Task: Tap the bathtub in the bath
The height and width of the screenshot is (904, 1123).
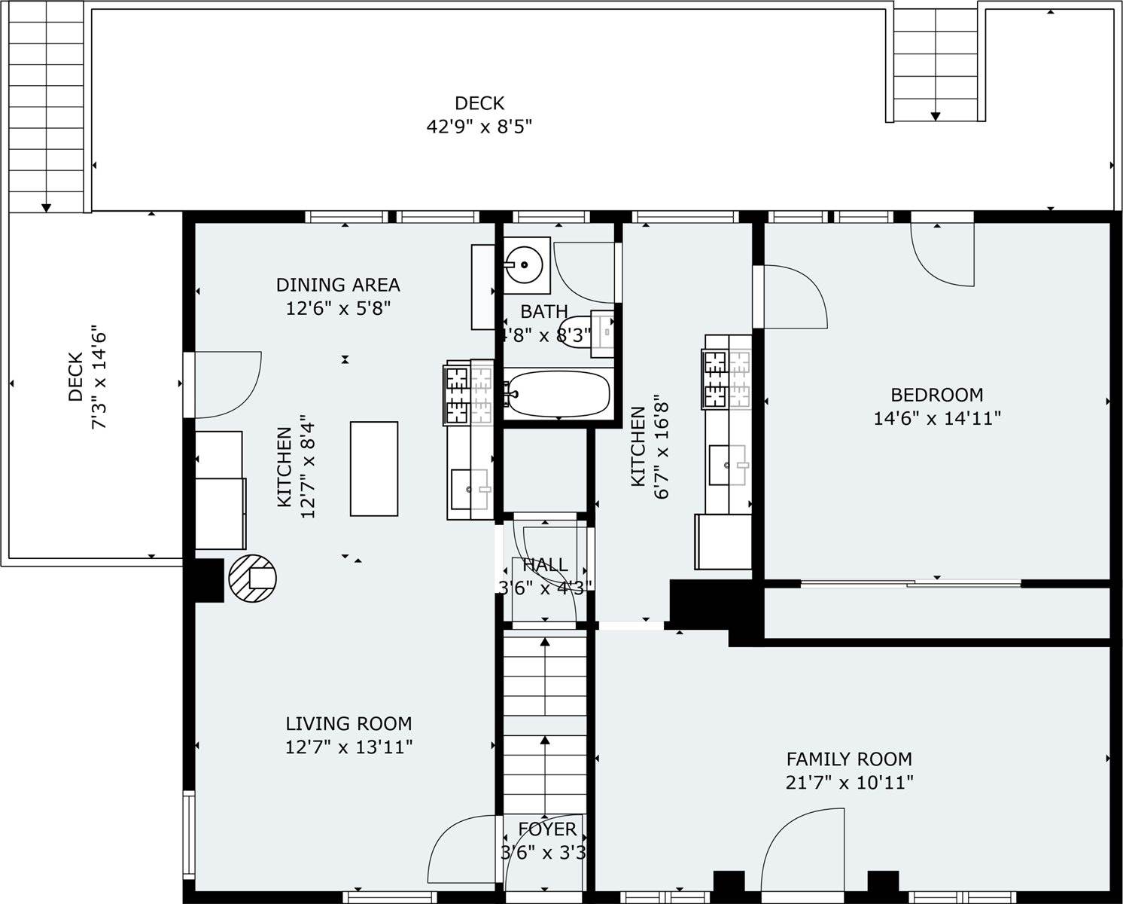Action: (x=557, y=392)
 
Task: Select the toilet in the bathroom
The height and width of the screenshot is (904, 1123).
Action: (x=580, y=332)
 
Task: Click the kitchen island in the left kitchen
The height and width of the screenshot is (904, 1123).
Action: (x=374, y=469)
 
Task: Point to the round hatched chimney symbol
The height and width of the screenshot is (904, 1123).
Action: (x=252, y=578)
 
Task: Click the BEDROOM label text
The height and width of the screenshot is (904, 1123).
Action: (x=936, y=395)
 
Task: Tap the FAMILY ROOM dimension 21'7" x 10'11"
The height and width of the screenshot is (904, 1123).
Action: (x=849, y=783)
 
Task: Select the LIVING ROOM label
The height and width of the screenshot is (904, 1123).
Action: (x=348, y=724)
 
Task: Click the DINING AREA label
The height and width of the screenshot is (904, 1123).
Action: (x=338, y=285)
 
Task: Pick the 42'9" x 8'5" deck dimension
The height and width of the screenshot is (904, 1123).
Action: (x=479, y=127)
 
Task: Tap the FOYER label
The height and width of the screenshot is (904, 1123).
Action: (x=547, y=829)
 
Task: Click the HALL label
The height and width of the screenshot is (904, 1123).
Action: (x=545, y=565)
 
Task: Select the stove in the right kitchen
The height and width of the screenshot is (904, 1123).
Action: (x=727, y=371)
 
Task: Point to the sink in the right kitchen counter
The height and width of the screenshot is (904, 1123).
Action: (x=729, y=465)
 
